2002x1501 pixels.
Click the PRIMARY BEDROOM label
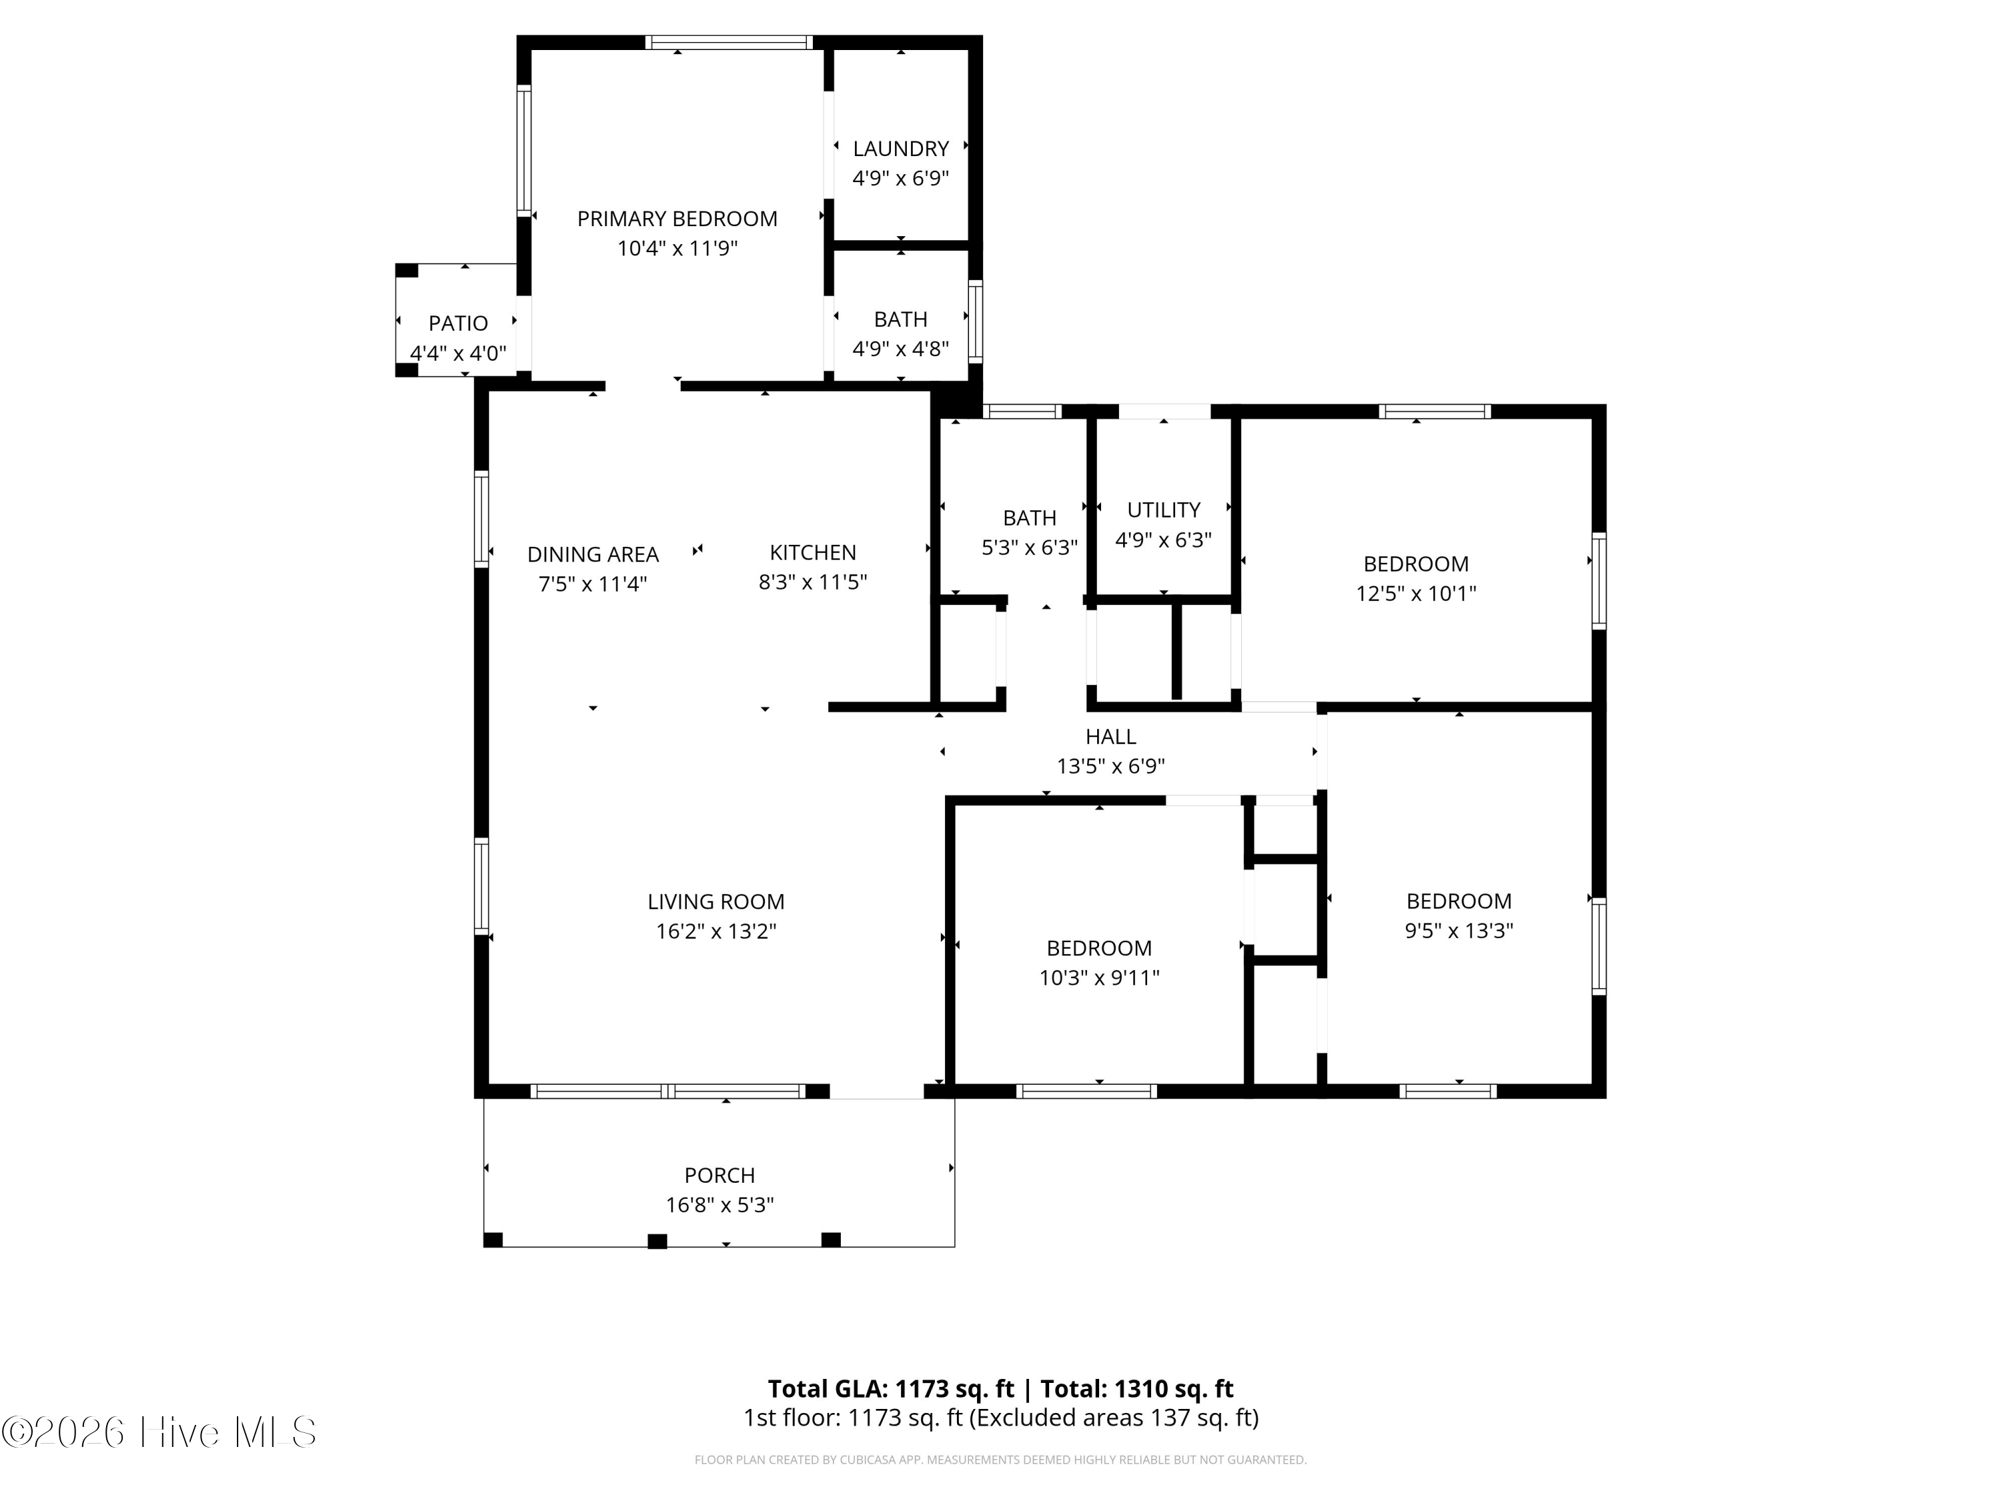[x=677, y=219]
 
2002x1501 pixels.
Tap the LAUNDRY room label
[x=900, y=148]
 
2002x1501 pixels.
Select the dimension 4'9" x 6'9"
[x=900, y=178]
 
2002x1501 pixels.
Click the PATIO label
[x=458, y=323]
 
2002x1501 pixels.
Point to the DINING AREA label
[x=593, y=554]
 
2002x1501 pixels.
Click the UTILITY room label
[x=1163, y=510]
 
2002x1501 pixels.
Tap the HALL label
[x=1110, y=737]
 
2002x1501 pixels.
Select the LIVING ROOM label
[x=716, y=902]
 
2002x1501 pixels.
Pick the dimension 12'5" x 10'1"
[x=1415, y=594]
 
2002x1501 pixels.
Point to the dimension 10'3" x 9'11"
[x=1098, y=978]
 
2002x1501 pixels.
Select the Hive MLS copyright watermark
[x=159, y=1432]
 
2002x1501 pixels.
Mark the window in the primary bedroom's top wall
[x=729, y=41]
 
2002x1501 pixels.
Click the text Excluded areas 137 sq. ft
[x=1113, y=1418]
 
